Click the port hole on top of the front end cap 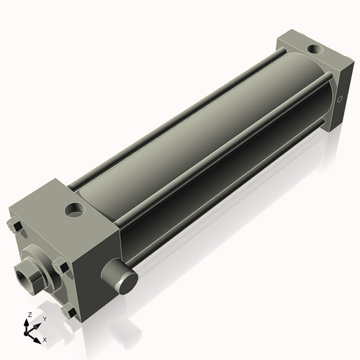click(x=74, y=211)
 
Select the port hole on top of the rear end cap click(x=314, y=50)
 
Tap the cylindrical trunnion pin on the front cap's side click(x=119, y=274)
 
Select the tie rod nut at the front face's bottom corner click(x=69, y=312)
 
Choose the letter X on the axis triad click(x=45, y=338)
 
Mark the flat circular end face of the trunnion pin click(x=129, y=279)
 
